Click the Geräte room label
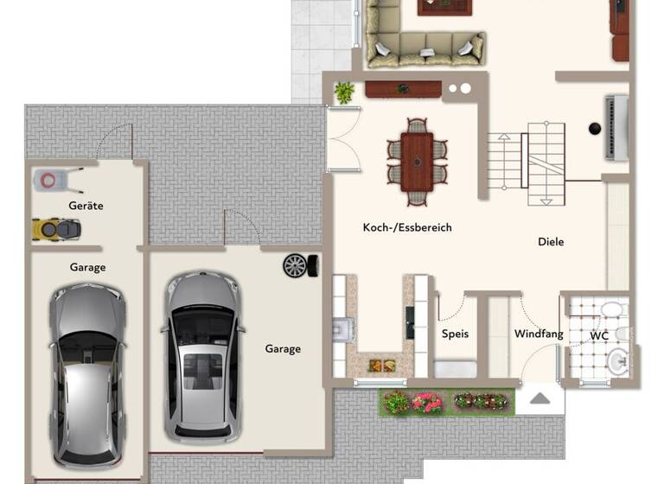click(x=86, y=206)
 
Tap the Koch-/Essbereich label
click(x=407, y=228)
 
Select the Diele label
click(x=551, y=242)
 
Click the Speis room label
click(x=455, y=334)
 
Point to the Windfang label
click(x=539, y=334)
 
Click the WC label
click(x=600, y=335)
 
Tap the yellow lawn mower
click(x=56, y=229)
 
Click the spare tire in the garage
click(x=295, y=265)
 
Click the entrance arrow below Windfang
click(x=539, y=398)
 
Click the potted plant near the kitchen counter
click(x=344, y=92)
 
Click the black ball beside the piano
click(x=595, y=129)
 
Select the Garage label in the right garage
click(x=283, y=349)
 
